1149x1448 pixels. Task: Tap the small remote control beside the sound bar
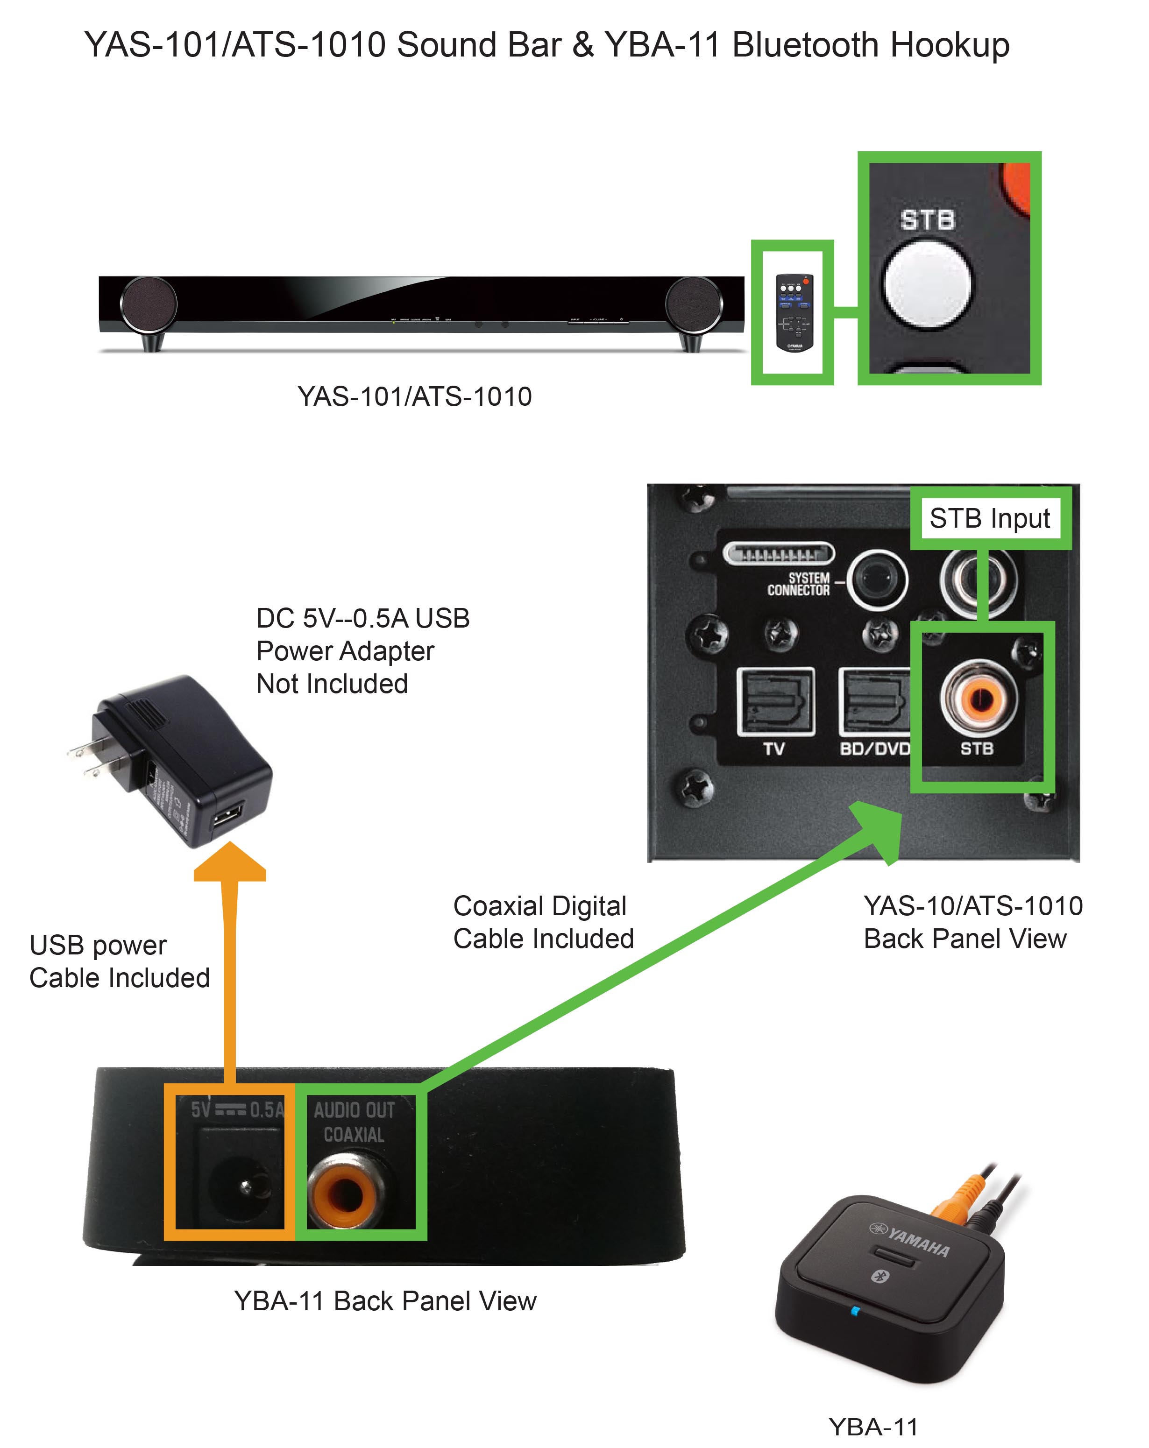[x=794, y=312]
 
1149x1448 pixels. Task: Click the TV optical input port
[x=775, y=701]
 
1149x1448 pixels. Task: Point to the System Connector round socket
[x=877, y=579]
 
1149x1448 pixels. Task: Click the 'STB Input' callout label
[x=989, y=518]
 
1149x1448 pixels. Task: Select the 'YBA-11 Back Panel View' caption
[x=385, y=1301]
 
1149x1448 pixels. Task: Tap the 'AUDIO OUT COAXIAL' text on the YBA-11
[x=354, y=1122]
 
